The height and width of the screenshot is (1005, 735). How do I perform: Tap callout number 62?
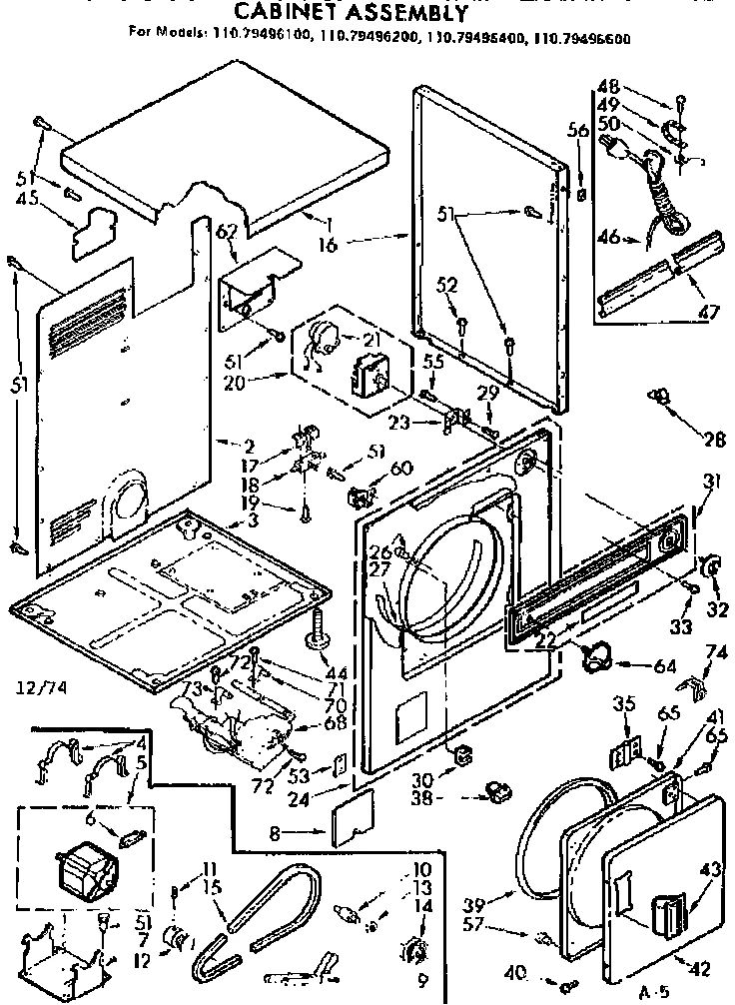click(x=228, y=233)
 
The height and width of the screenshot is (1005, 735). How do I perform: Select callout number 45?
click(x=29, y=198)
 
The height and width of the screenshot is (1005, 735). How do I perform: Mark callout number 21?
click(x=371, y=341)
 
